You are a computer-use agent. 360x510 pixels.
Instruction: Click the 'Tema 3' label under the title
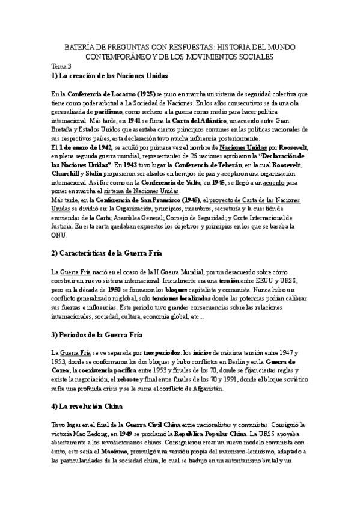click(61, 66)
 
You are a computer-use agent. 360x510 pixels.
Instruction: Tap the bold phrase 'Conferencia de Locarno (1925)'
click(111, 95)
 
